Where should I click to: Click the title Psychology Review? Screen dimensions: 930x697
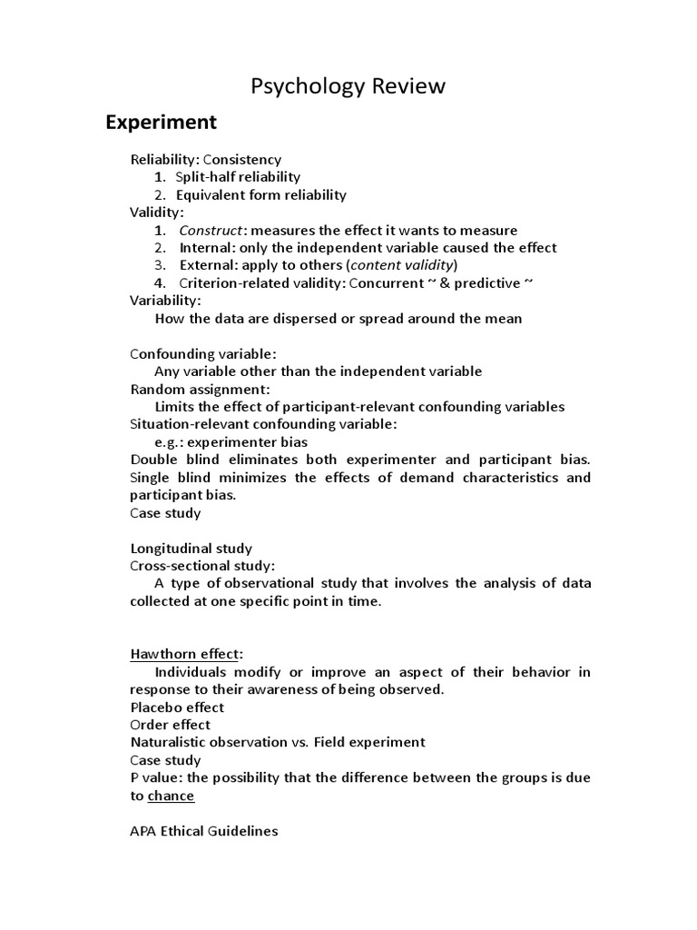348,86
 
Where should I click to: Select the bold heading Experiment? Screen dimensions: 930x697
161,122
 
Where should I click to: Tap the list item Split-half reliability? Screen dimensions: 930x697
238,177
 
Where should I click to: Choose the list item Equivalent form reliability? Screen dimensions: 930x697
260,194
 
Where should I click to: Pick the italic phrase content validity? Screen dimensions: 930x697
402,265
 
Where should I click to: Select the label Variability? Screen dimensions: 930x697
166,301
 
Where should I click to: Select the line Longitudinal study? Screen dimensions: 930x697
191,549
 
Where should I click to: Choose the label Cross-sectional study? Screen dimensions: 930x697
202,566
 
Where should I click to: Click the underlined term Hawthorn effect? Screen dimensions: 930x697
186,654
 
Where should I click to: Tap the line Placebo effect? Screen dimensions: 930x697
177,707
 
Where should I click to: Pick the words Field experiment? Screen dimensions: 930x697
369,742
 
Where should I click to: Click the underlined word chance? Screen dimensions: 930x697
171,796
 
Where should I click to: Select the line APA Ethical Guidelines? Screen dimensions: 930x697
204,831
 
